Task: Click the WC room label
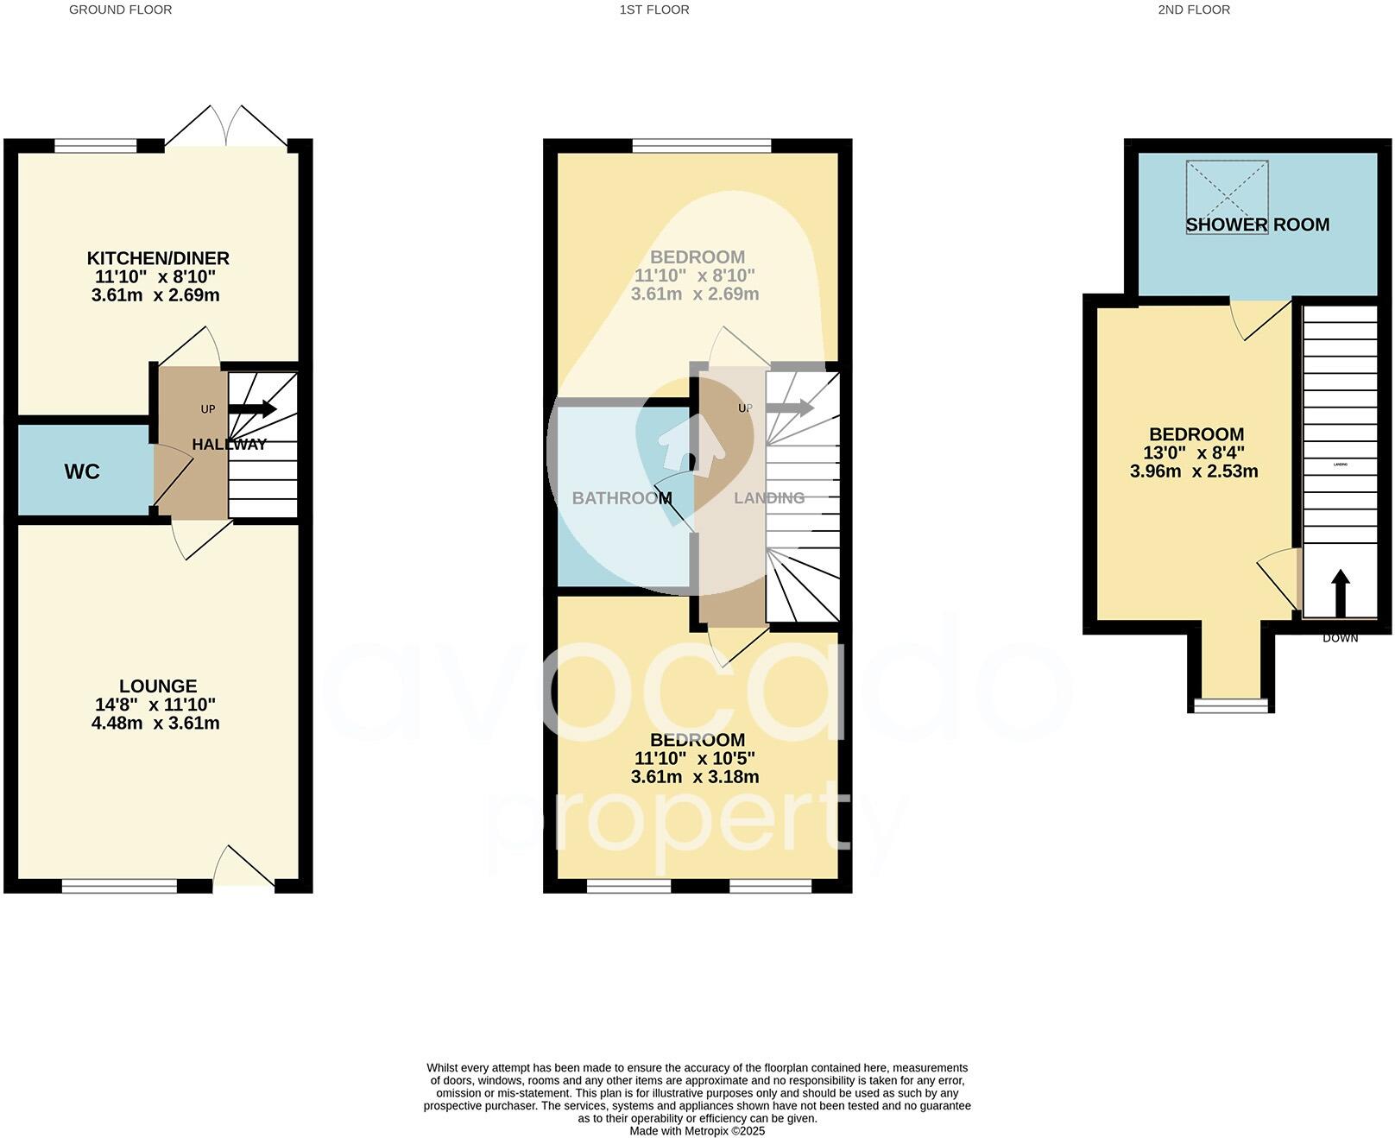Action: coord(82,471)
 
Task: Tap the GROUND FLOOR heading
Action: coord(120,9)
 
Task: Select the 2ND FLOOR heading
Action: coord(1194,9)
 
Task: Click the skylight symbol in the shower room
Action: coord(1227,185)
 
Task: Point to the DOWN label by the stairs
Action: coord(1340,638)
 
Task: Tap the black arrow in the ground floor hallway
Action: coord(253,409)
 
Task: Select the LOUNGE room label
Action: coord(158,686)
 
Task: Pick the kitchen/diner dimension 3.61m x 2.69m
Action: coord(155,295)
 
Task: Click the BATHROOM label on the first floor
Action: coord(622,498)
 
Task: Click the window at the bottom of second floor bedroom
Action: coord(1231,705)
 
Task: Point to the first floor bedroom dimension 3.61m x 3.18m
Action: coord(695,777)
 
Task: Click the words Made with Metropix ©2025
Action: coord(697,1131)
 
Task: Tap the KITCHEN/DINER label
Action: coord(158,258)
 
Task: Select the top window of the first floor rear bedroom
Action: coord(701,146)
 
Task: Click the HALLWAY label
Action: coord(229,445)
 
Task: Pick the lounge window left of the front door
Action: coord(119,885)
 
